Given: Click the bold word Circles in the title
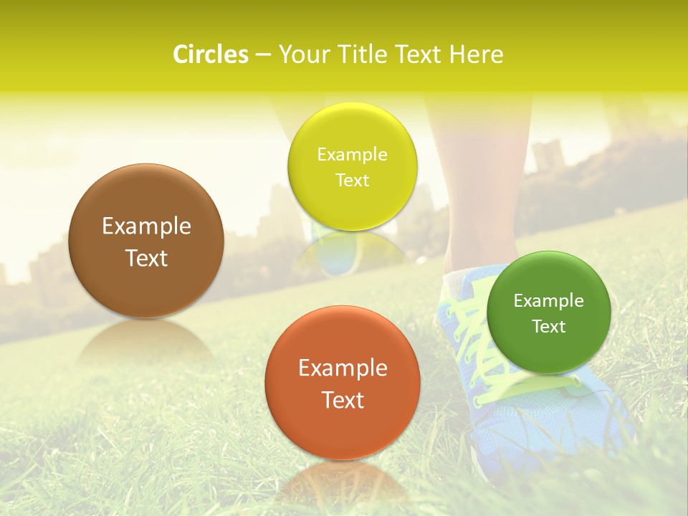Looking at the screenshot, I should tap(211, 54).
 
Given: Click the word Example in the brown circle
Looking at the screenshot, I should tap(146, 226).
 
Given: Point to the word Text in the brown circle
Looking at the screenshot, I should tap(146, 258).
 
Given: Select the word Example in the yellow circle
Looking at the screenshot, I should tap(352, 155).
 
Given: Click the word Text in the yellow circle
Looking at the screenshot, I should tap(352, 181).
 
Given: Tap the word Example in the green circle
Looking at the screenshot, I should tap(549, 301).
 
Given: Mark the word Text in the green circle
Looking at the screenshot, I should tap(549, 327).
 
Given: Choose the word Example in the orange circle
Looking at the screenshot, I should tap(343, 368).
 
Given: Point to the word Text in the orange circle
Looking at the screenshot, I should tap(343, 400).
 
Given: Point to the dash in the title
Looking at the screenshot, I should tap(263, 55).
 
